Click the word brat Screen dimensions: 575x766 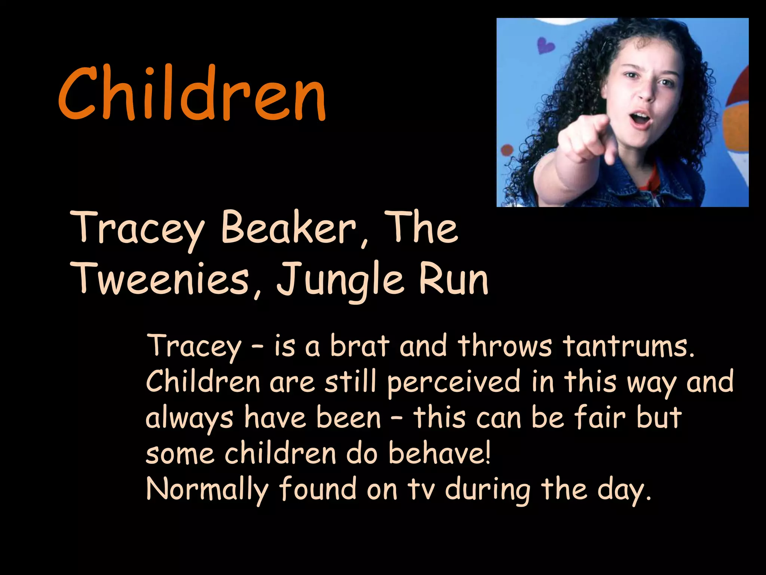[359, 346]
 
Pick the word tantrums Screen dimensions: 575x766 [628, 346]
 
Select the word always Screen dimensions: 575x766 [189, 419]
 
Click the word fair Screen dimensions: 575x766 [600, 417]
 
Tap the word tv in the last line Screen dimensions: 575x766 [421, 490]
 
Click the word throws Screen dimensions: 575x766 [505, 346]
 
